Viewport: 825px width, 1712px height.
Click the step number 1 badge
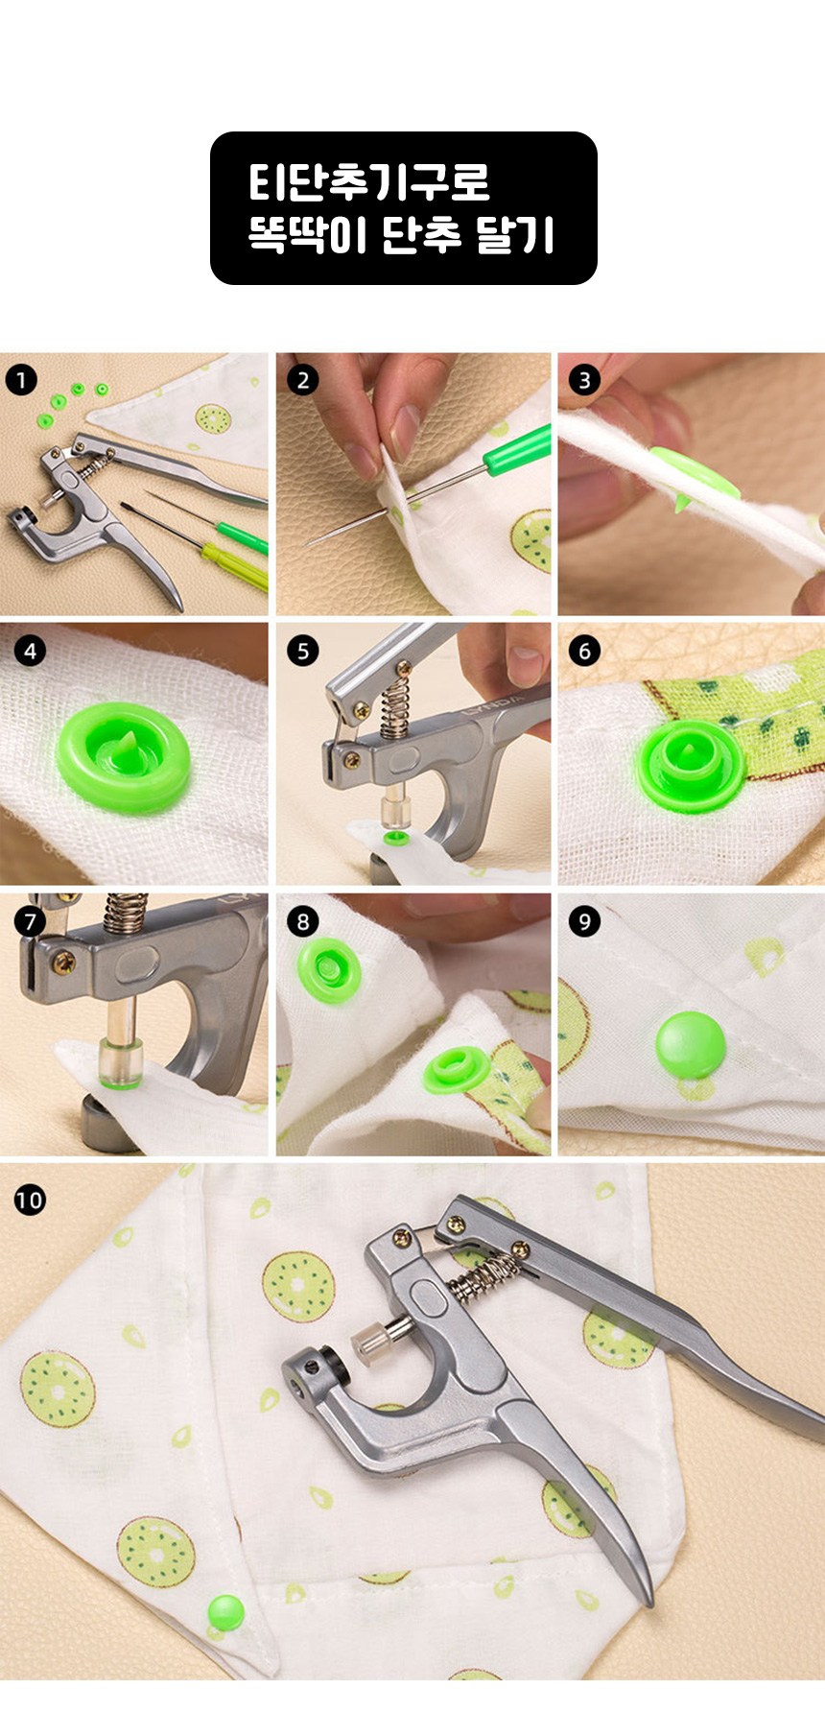(x=21, y=380)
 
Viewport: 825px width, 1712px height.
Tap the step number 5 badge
(x=302, y=651)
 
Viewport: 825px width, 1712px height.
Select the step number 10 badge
(x=30, y=1200)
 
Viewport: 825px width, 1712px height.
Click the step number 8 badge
(x=302, y=922)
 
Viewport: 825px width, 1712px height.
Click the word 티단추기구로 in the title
(x=369, y=181)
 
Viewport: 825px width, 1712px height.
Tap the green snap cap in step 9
(x=691, y=1044)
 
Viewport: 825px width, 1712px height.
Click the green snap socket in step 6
(x=691, y=762)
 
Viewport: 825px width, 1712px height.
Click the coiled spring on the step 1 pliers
(x=94, y=468)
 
